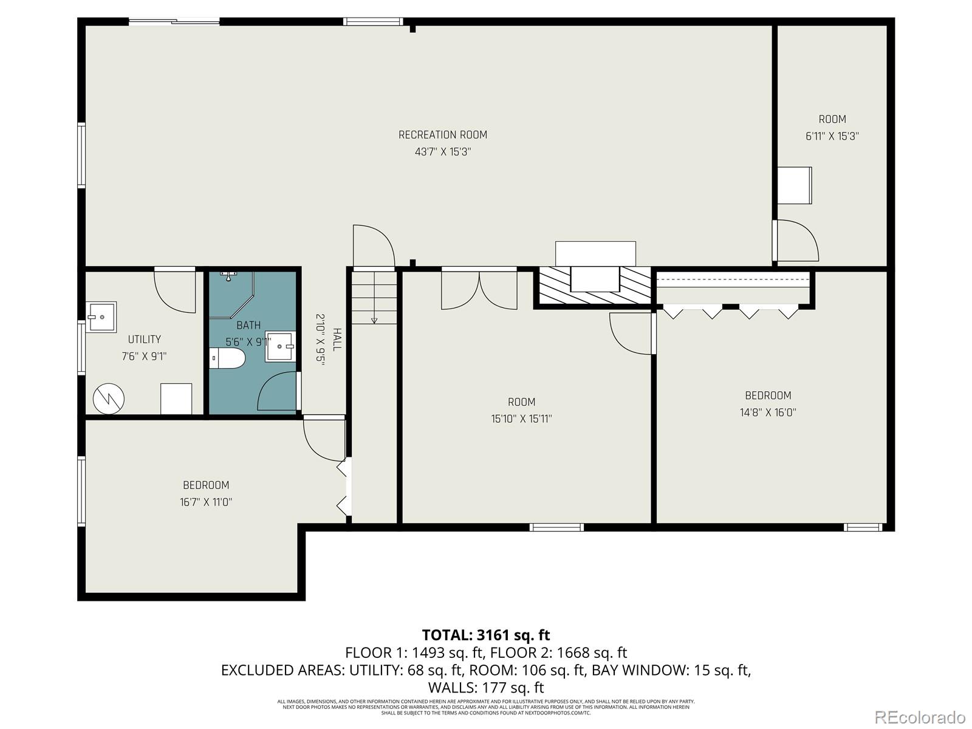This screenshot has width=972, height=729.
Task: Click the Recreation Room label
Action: [x=442, y=135]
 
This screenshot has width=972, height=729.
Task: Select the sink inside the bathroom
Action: [x=281, y=346]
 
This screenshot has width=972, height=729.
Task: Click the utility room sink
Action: [x=101, y=317]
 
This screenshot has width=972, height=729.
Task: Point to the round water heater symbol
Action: [x=109, y=399]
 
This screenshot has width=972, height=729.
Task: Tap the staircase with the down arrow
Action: [x=374, y=298]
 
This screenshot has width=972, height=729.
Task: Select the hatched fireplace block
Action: [x=592, y=287]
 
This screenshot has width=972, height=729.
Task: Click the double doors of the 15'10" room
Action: [x=479, y=290]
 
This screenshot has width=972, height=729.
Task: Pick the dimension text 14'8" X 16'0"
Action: [x=768, y=412]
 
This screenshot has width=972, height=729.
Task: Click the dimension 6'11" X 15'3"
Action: [x=832, y=137]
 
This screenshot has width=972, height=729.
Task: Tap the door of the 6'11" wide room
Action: [x=798, y=241]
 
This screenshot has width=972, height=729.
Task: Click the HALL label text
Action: [x=337, y=339]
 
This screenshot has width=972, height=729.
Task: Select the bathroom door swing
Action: [x=278, y=392]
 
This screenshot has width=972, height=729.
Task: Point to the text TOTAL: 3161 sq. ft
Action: [x=485, y=635]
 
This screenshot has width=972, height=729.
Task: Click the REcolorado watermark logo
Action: [x=923, y=716]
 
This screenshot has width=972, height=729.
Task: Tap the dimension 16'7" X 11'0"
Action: [x=206, y=502]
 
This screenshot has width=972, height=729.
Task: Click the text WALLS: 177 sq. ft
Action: [x=485, y=688]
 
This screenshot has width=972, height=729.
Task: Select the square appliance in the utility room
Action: [x=176, y=399]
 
